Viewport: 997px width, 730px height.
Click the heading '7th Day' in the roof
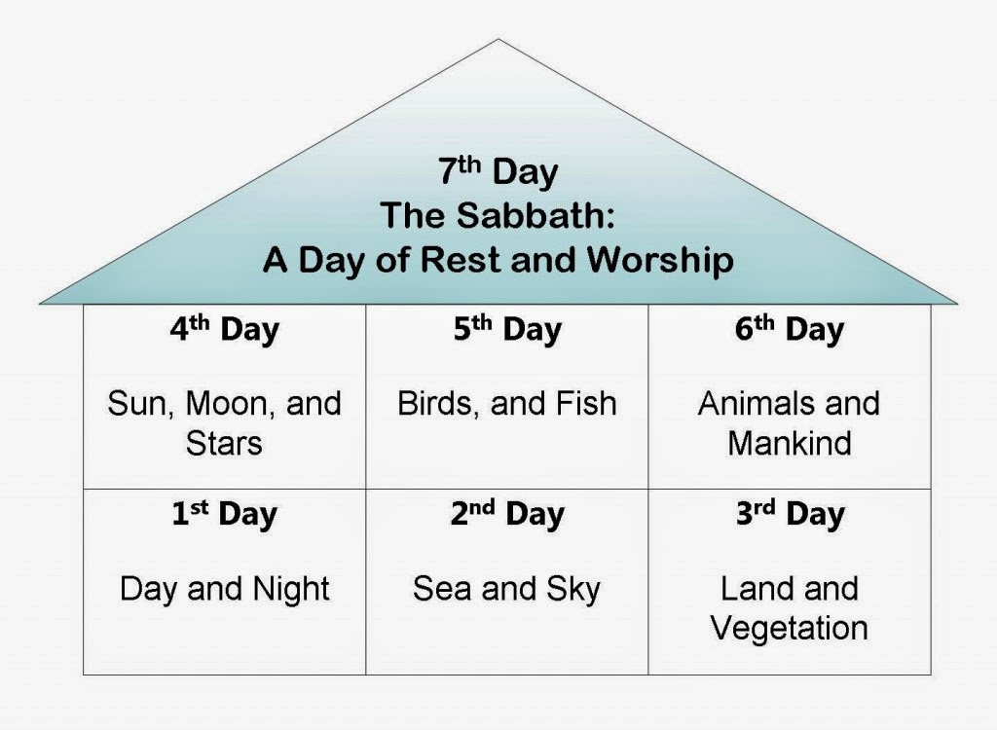click(498, 172)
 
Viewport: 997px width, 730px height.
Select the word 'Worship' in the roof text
click(662, 261)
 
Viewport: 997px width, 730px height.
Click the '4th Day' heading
click(224, 330)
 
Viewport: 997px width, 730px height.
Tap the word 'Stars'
click(224, 443)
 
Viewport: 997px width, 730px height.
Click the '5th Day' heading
click(506, 330)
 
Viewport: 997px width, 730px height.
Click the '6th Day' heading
click(789, 330)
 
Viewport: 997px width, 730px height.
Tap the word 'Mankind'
click(789, 443)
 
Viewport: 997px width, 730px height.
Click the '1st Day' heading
click(224, 515)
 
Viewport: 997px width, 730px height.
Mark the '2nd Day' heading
click(506, 515)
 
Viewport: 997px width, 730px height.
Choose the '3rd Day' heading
click(789, 515)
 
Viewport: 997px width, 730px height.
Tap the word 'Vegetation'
click(789, 628)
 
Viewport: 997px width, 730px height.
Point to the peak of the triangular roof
click(498, 42)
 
